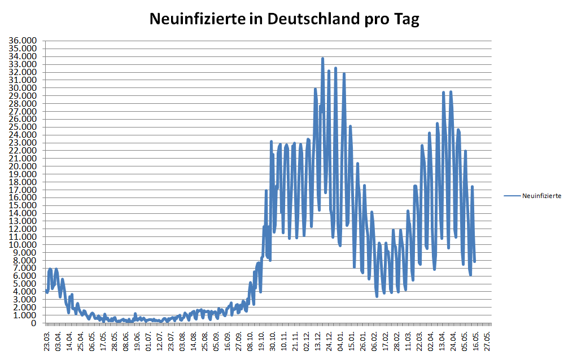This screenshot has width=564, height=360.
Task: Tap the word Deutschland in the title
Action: tap(310, 20)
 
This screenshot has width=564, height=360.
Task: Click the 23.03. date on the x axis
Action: tap(47, 341)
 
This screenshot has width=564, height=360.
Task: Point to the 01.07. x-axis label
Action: tap(149, 341)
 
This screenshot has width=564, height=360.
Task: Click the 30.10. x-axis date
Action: tap(273, 341)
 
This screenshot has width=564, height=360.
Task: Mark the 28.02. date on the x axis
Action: tap(397, 341)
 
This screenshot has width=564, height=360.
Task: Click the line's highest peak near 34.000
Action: tap(322, 58)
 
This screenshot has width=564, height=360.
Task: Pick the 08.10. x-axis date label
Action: tap(251, 341)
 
